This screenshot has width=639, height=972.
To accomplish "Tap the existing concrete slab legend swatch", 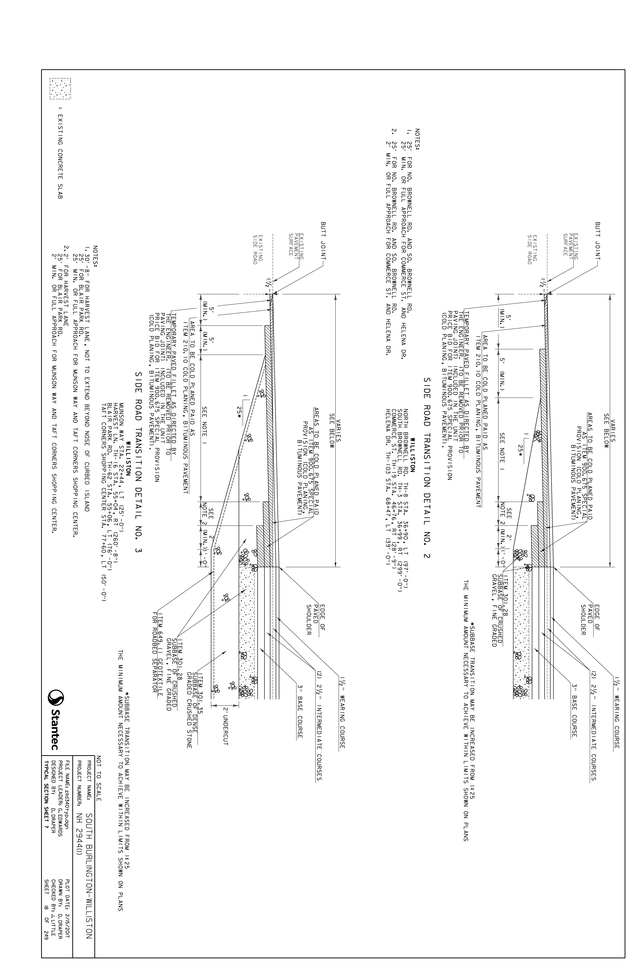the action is (x=60, y=89).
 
